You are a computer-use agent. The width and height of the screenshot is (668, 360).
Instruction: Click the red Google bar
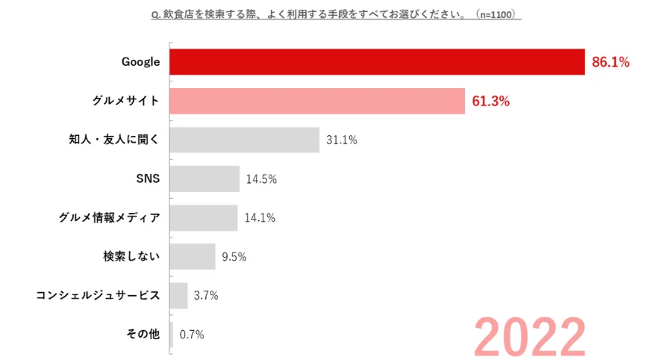tap(376, 62)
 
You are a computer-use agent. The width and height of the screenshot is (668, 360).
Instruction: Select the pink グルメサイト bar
tap(317, 101)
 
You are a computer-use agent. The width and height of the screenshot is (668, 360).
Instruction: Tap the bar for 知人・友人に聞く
tap(244, 140)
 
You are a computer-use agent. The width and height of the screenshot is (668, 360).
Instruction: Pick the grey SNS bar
tap(205, 179)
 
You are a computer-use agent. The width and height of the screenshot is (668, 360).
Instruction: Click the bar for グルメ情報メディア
tap(203, 218)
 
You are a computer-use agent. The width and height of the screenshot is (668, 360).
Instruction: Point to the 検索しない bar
tap(193, 257)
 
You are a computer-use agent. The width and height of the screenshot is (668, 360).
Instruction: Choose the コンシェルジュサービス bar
tap(178, 296)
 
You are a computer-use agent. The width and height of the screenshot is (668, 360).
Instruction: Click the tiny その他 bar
tap(172, 335)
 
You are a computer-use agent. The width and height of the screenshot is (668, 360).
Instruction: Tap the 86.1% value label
tap(611, 62)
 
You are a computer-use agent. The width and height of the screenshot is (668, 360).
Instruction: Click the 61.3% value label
tap(491, 102)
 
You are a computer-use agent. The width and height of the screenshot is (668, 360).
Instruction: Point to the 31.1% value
tap(341, 140)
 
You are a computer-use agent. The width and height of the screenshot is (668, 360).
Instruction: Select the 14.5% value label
tap(261, 179)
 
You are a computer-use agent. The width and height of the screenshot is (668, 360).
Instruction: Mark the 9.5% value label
tap(234, 257)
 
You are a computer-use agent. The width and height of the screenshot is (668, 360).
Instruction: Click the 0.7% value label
tap(191, 335)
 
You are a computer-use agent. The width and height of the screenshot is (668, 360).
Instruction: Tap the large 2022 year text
tap(529, 335)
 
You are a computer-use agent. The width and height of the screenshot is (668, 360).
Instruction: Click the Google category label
tap(141, 62)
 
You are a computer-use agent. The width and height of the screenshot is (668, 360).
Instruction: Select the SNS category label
tap(148, 179)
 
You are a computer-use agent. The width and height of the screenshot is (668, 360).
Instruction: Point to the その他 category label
tap(142, 335)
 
